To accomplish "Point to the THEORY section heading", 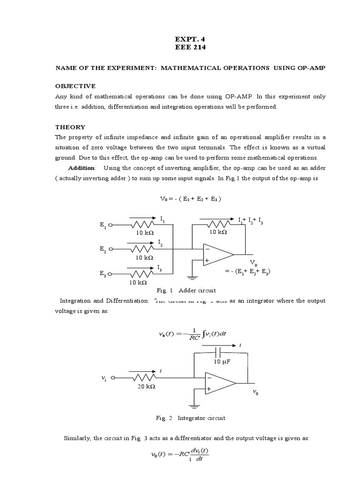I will coord(70,127).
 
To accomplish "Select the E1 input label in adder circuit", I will coord(103,225).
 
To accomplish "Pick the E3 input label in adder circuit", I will coord(103,274).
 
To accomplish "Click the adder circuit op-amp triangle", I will coord(217,254).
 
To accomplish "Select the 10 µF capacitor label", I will coord(218,362).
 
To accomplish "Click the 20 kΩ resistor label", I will coord(147,387).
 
